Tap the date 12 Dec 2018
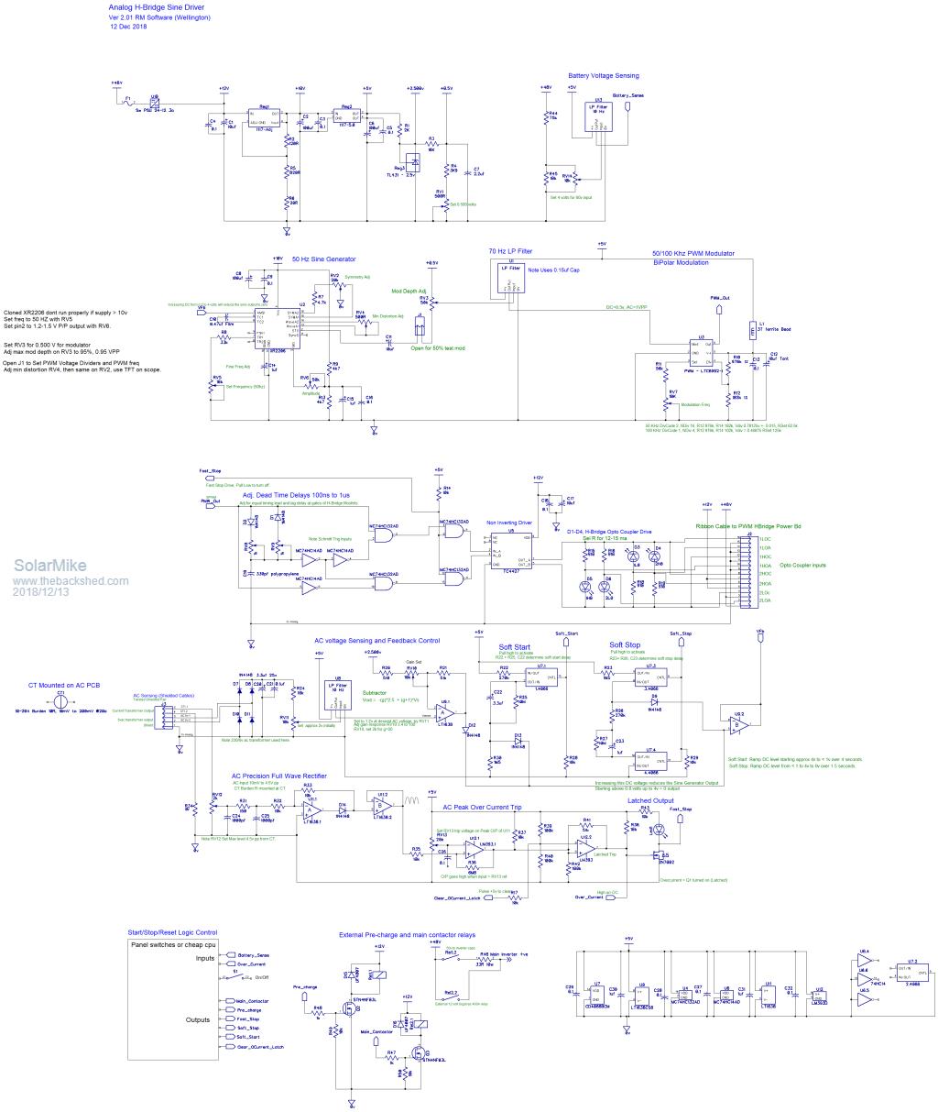coord(129,27)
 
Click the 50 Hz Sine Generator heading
coord(323,259)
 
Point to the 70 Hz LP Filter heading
coord(510,249)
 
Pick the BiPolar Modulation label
coord(682,262)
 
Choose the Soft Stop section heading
coord(625,644)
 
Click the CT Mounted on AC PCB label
coord(64,684)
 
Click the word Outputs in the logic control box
coord(199,1018)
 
